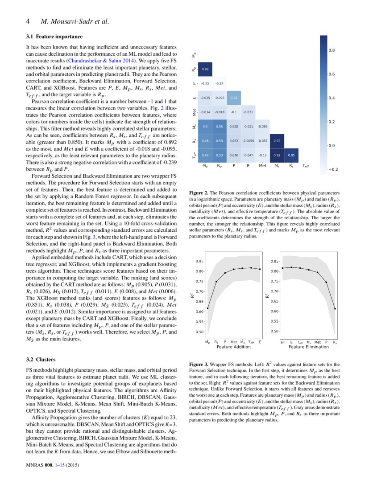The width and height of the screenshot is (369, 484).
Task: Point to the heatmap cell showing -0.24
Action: click(220, 83)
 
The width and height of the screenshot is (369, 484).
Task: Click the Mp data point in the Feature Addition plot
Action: click(208, 308)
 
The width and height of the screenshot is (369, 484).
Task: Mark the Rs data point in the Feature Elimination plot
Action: click(335, 308)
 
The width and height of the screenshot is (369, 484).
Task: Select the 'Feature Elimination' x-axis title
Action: click(309, 346)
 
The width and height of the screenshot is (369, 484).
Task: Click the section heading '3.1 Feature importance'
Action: click(54, 36)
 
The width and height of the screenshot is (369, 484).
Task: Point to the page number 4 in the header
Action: click(28, 21)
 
